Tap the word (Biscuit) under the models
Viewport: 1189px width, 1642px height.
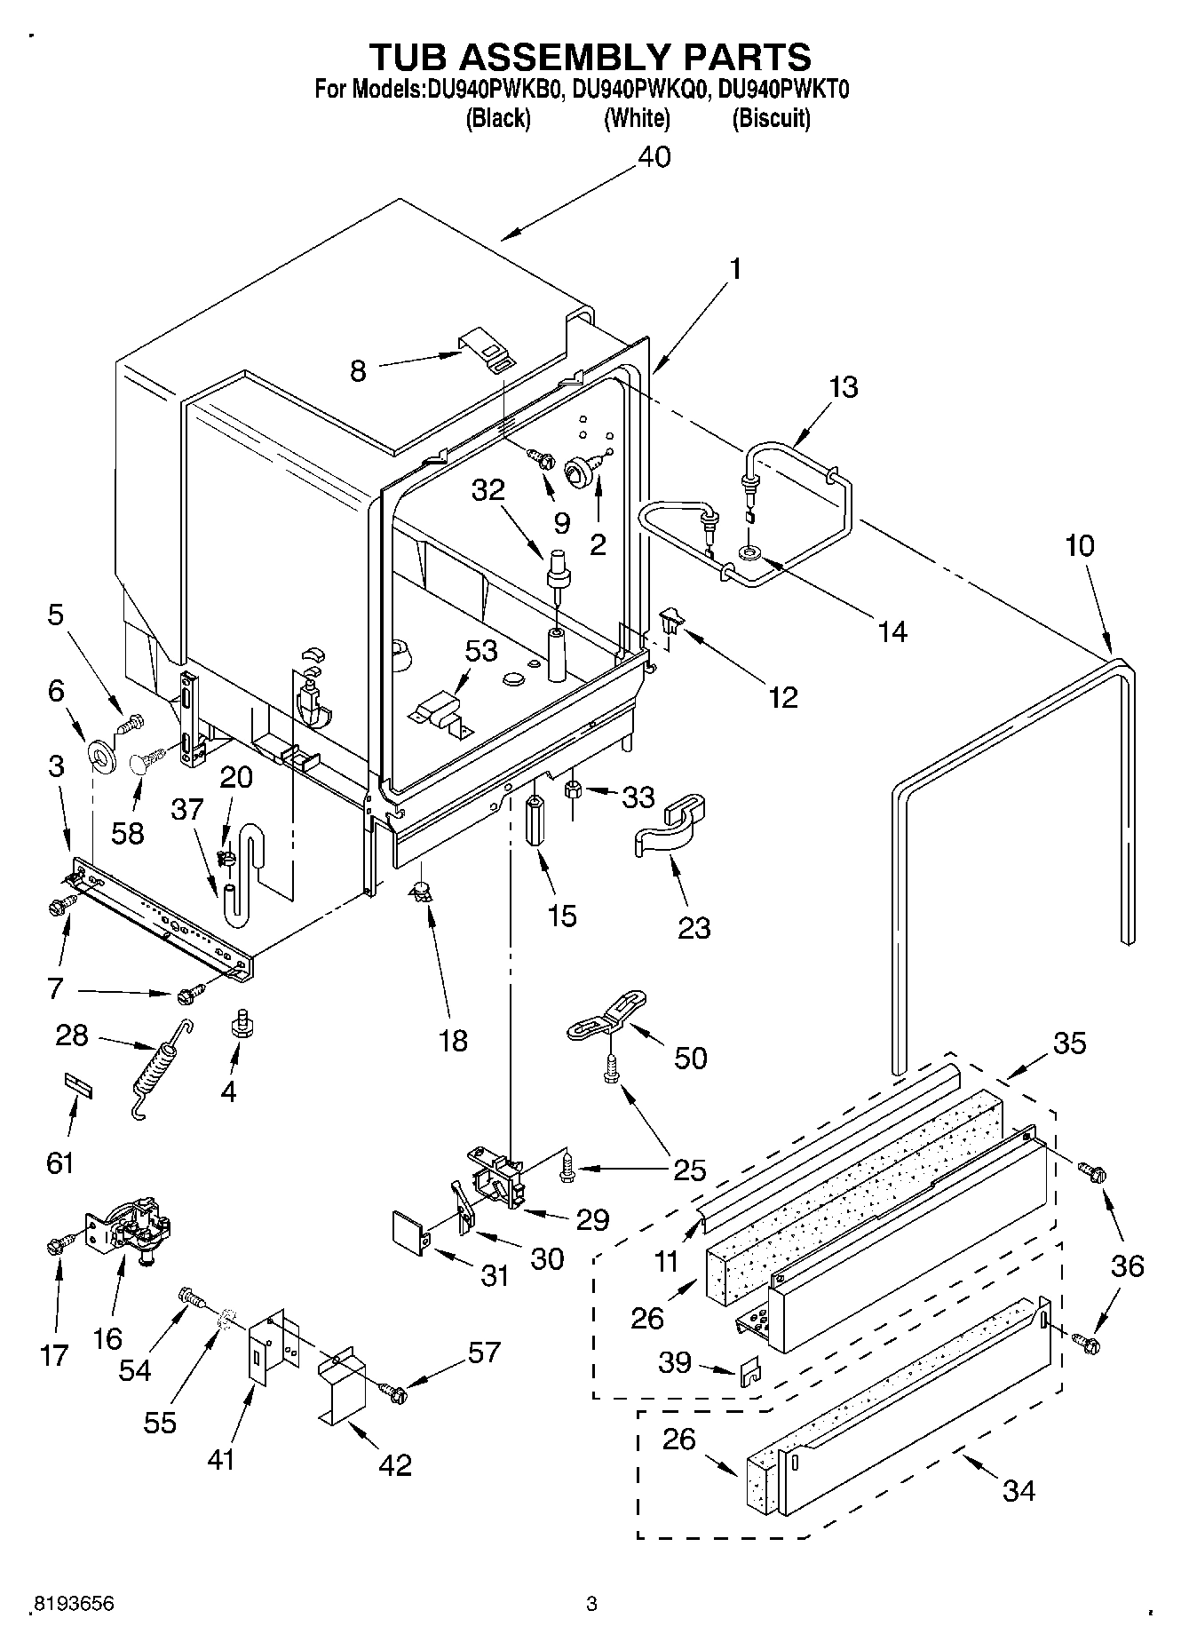coord(770,118)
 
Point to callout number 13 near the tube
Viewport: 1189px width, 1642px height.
coord(844,387)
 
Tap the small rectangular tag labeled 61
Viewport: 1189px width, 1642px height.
coord(77,1085)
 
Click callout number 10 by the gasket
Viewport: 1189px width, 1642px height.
coord(1079,545)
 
